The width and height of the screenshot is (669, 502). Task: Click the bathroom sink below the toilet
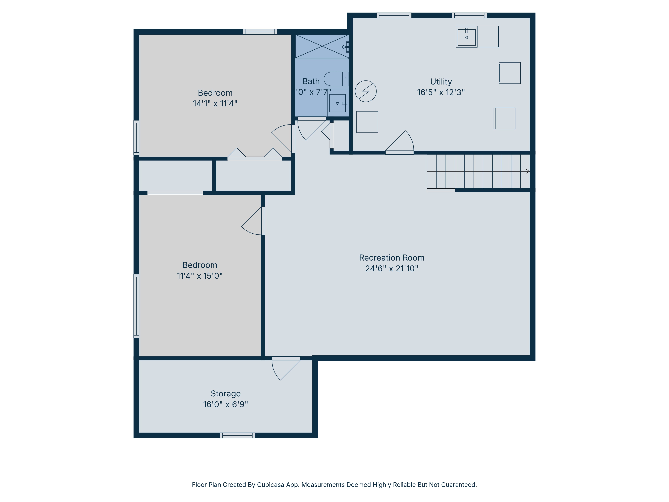(x=337, y=103)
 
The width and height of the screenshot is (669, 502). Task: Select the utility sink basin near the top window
(x=466, y=37)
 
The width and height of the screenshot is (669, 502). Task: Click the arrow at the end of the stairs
(x=528, y=171)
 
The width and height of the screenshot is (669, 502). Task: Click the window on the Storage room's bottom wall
(x=237, y=435)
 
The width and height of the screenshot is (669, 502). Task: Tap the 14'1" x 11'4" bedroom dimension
(x=215, y=103)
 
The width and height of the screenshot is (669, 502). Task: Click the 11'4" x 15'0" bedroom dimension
(x=200, y=276)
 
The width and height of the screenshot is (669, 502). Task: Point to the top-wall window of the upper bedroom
(x=260, y=32)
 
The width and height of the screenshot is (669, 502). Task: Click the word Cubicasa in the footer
(x=271, y=485)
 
